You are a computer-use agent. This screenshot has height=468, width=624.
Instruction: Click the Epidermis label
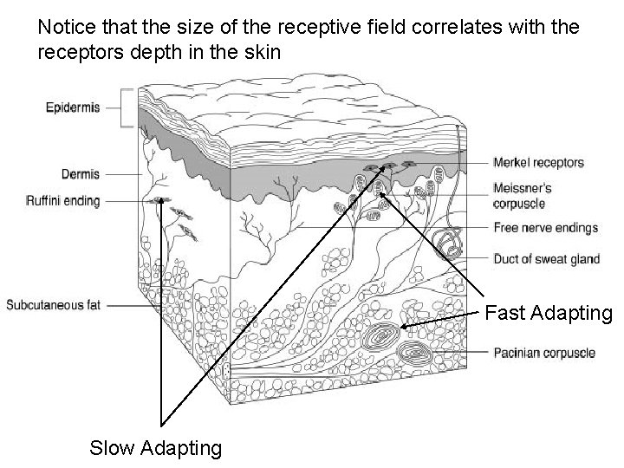pos(73,107)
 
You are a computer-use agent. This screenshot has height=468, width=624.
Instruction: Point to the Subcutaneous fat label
pos(57,304)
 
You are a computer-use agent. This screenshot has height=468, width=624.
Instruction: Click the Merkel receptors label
pos(538,162)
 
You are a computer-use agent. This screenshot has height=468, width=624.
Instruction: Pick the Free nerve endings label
pos(545,229)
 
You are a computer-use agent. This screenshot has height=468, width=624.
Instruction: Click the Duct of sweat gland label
pos(546,258)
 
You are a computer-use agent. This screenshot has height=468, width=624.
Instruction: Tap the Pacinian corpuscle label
pos(544,353)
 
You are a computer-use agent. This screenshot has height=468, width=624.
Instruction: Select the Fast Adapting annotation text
pos(549,312)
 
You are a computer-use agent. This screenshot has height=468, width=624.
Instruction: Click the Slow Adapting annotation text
pos(156,448)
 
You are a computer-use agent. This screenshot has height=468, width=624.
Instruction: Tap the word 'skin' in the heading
pos(261,52)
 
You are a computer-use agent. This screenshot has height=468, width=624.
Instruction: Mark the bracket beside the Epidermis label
pos(127,107)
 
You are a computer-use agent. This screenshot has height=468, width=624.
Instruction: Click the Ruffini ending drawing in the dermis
pos(161,202)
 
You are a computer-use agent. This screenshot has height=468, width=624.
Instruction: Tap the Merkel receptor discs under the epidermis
pos(381,166)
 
